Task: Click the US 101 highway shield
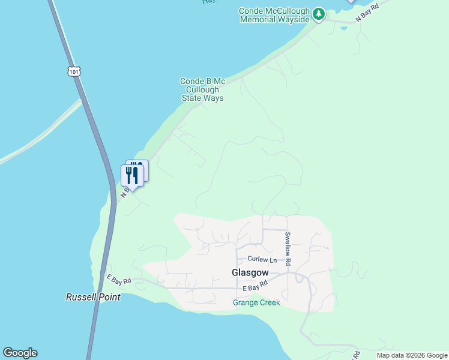[74, 71]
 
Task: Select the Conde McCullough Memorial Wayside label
[274, 15]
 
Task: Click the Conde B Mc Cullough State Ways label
[202, 89]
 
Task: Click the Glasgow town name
[250, 272]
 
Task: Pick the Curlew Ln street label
[262, 260]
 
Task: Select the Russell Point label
[93, 297]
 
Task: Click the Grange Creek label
[256, 302]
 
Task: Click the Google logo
[20, 353]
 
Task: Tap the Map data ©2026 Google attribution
[412, 355]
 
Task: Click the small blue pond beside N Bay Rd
[343, 28]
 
